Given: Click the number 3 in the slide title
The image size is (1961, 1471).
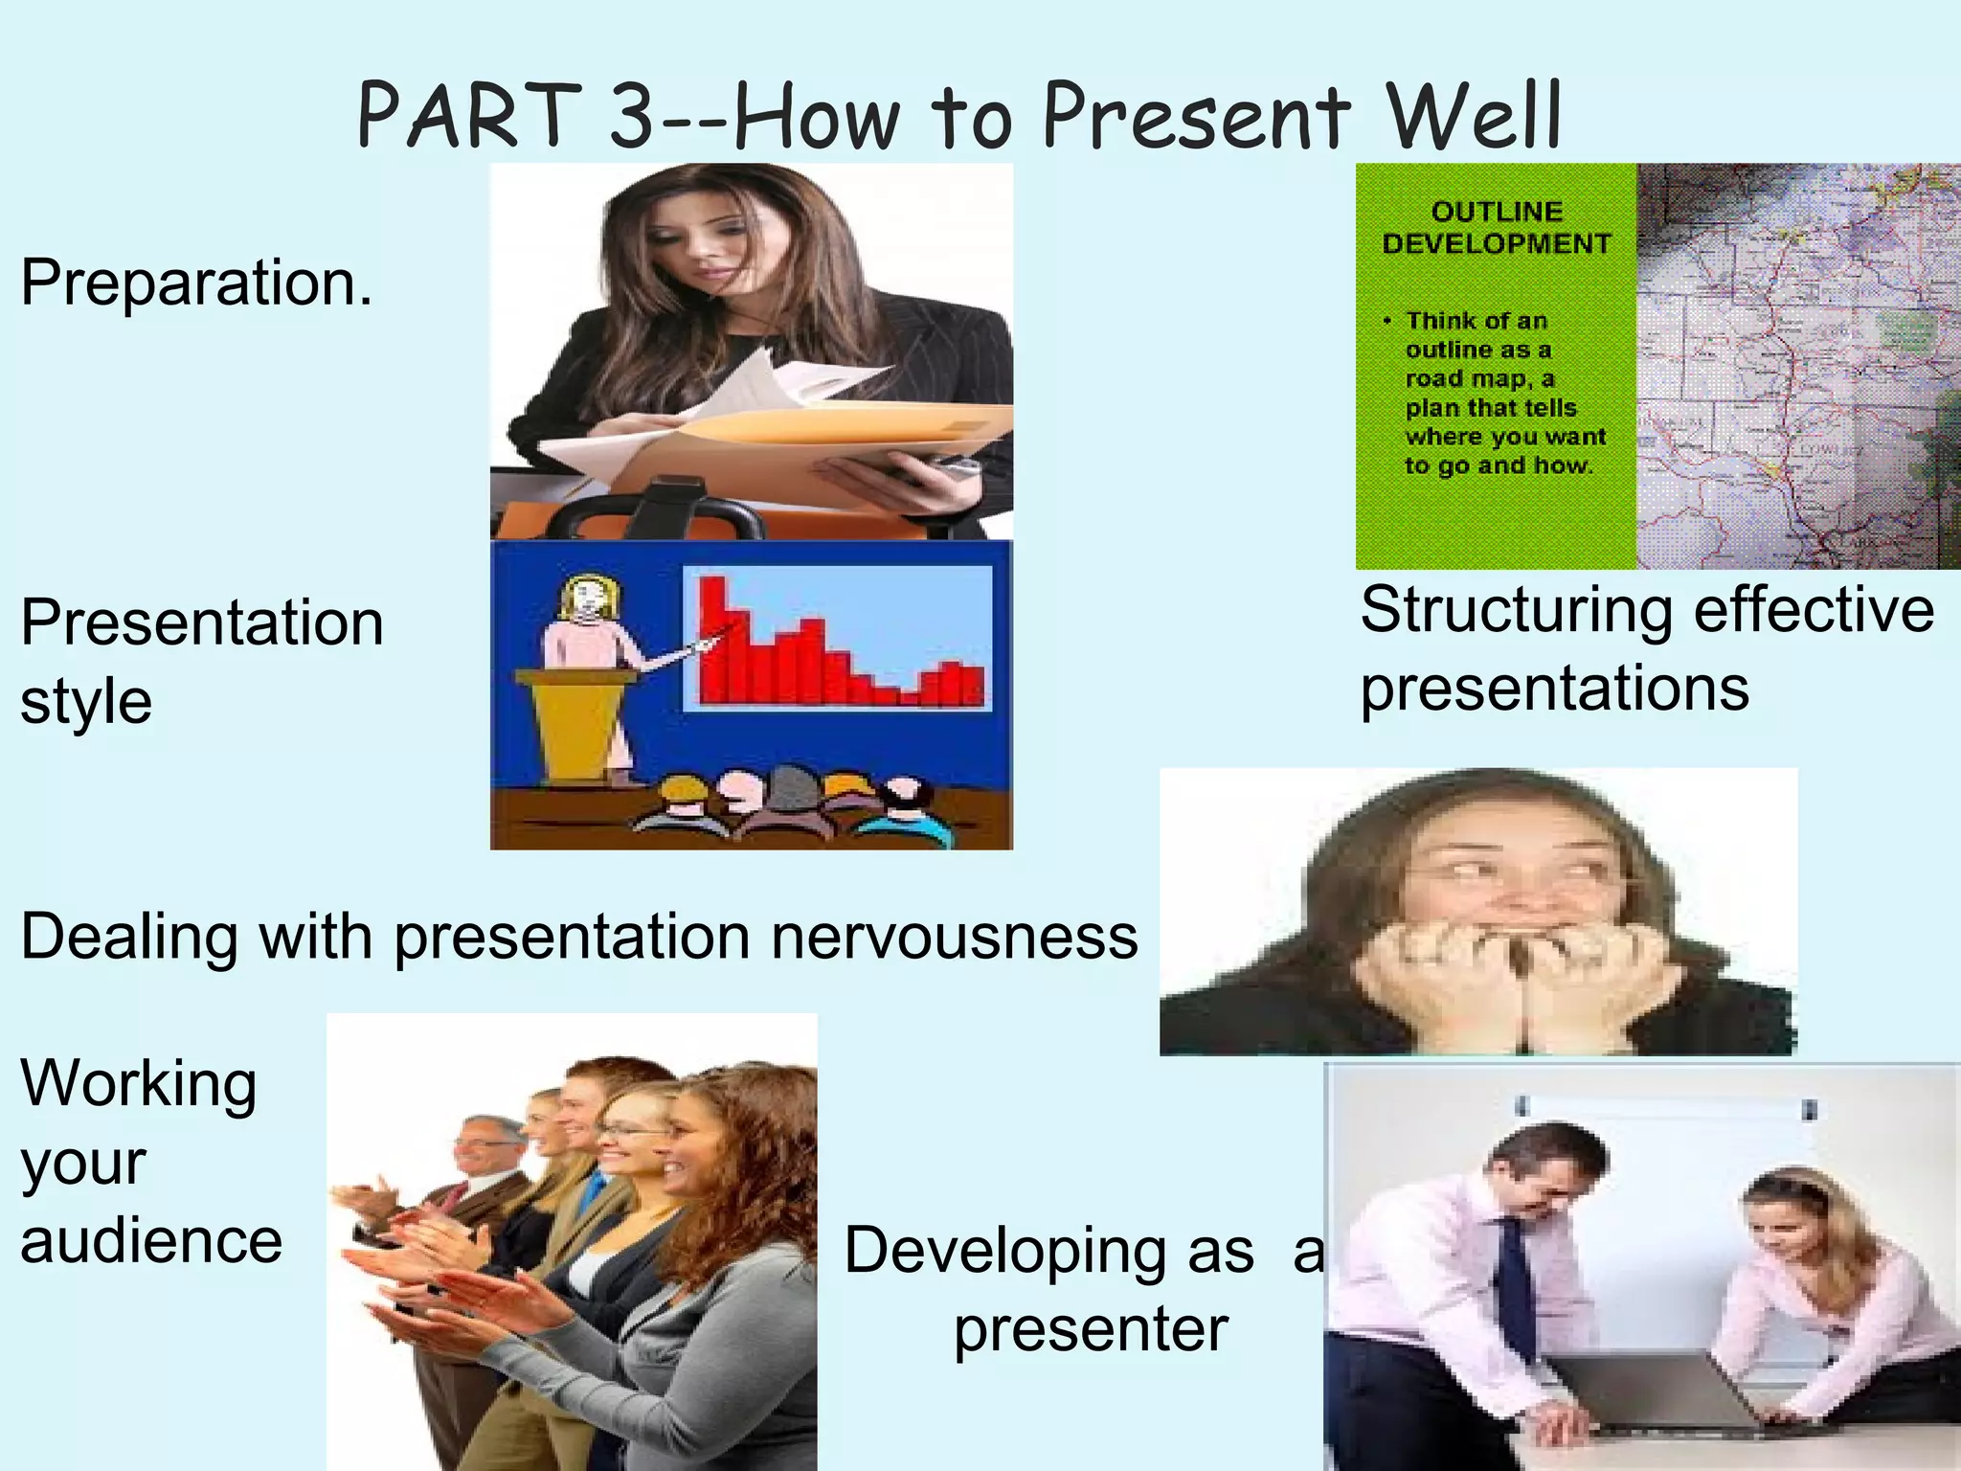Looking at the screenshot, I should click(633, 116).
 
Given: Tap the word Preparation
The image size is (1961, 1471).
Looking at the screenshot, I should click(196, 283).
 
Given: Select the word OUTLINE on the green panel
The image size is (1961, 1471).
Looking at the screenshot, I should click(1497, 212).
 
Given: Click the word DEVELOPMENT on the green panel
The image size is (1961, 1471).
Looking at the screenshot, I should click(1497, 244).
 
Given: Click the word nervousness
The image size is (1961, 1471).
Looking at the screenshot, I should click(955, 937).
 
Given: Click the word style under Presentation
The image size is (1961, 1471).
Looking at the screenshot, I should click(86, 703).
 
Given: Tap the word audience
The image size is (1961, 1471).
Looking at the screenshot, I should click(151, 1241).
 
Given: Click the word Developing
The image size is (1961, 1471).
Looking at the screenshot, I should click(1048, 1251).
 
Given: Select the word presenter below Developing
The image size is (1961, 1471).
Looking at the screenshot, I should click(1091, 1329).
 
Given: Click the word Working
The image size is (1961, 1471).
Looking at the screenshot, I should click(139, 1084).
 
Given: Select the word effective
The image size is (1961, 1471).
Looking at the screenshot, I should click(1814, 610).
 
